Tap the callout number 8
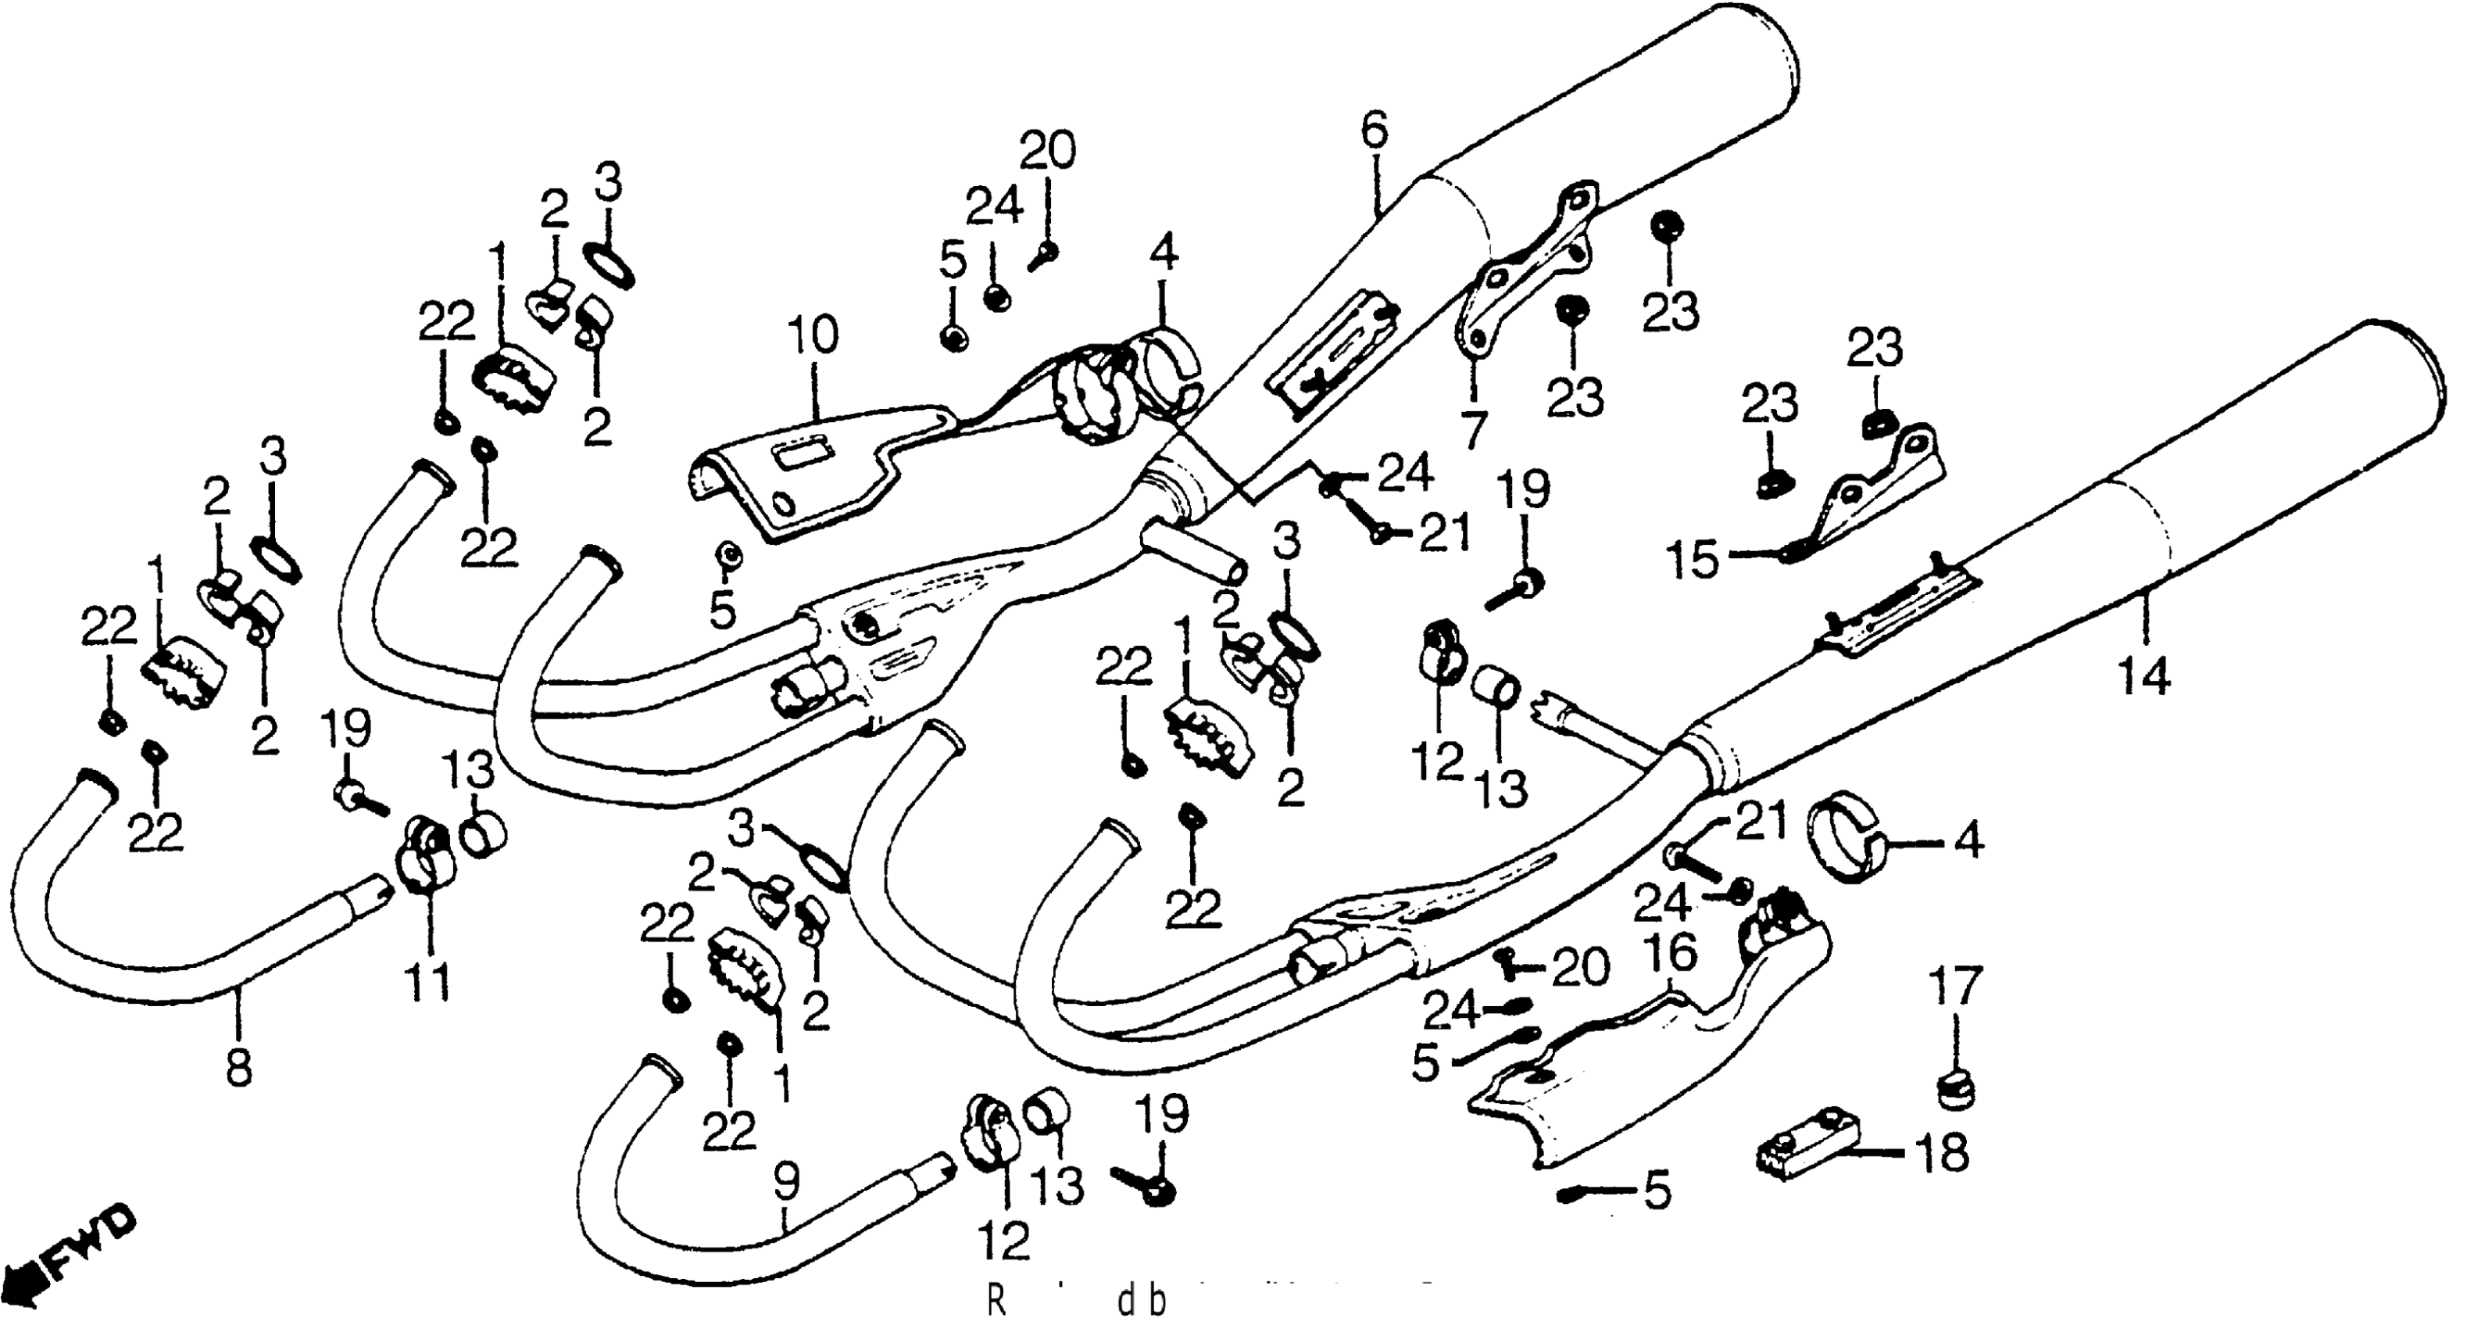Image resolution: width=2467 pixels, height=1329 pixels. pyautogui.click(x=238, y=1066)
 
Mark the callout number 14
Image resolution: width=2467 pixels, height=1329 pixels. pyautogui.click(x=2143, y=678)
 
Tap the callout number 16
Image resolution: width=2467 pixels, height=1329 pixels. pyautogui.click(x=1671, y=955)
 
